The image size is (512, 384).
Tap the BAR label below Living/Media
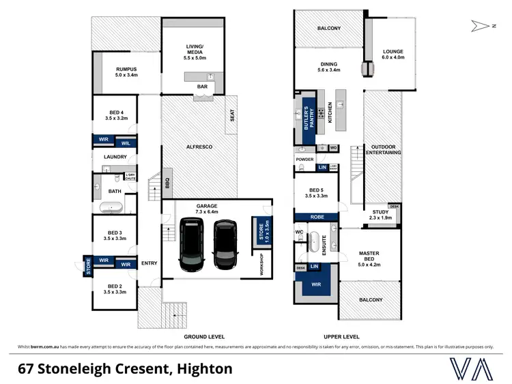pyautogui.click(x=201, y=87)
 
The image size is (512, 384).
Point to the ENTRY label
pyautogui.click(x=149, y=263)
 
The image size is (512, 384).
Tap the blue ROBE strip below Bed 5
pyautogui.click(x=317, y=216)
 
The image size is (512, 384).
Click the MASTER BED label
pyautogui.click(x=369, y=256)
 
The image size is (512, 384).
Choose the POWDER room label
pyautogui.click(x=304, y=160)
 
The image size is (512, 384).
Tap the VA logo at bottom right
pyautogui.click(x=472, y=368)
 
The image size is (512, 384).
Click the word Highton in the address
pyautogui.click(x=204, y=369)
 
